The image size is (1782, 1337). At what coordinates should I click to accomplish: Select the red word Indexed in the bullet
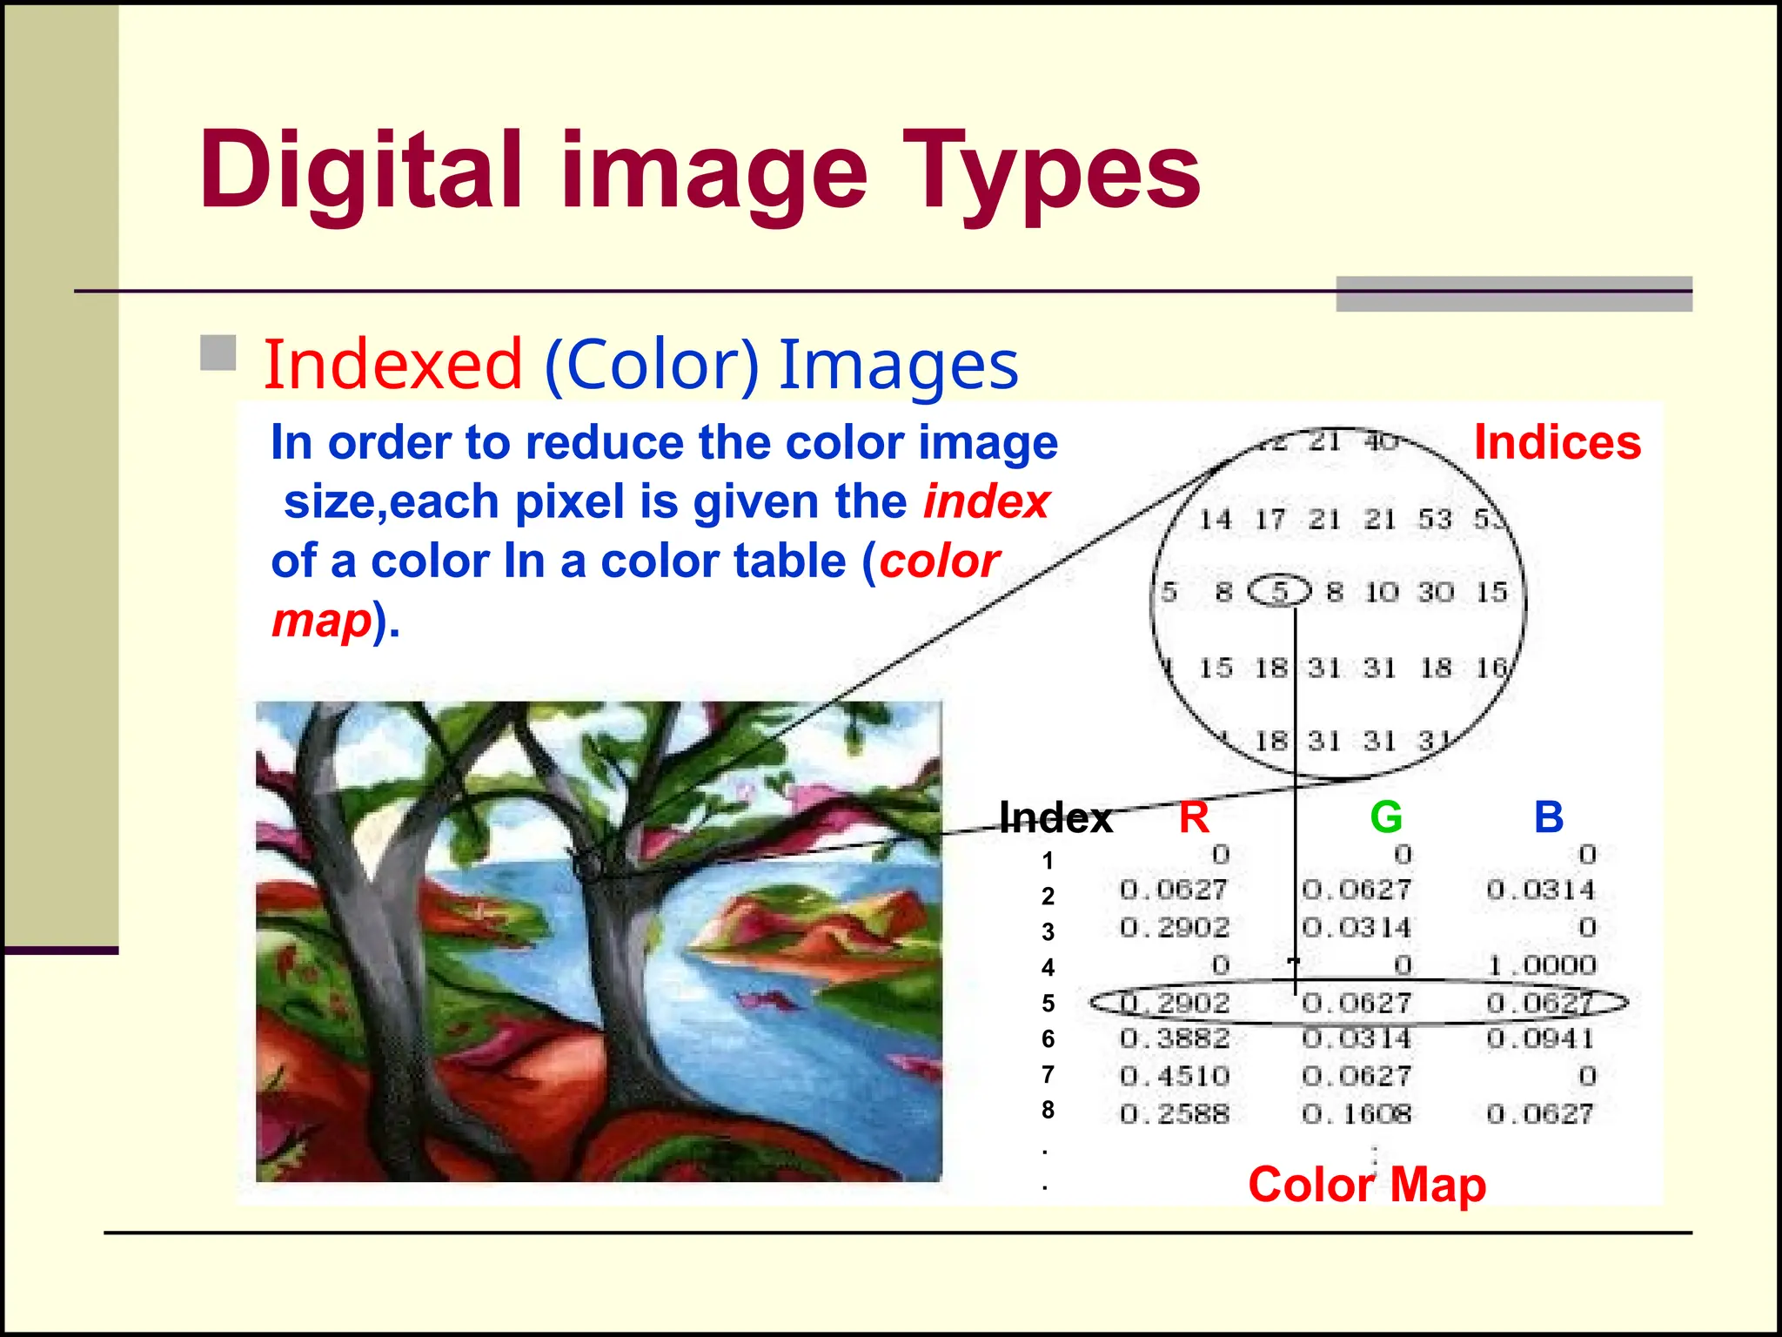[x=393, y=364]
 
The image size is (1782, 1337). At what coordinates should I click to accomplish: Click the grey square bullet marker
[x=218, y=353]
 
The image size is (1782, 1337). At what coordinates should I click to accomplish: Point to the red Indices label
[x=1558, y=442]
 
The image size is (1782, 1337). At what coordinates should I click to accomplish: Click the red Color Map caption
[x=1366, y=1185]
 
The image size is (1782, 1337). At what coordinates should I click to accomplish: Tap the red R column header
[x=1194, y=817]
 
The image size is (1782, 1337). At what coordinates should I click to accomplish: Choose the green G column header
[x=1385, y=817]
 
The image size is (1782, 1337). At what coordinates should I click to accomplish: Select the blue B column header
[x=1549, y=817]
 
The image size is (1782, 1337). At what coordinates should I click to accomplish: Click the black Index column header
[x=1055, y=818]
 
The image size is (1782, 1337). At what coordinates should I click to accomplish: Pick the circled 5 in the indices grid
[x=1279, y=592]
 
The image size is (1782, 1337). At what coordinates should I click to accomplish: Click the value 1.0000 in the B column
[x=1542, y=965]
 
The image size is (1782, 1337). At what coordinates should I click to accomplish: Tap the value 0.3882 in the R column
[x=1175, y=1038]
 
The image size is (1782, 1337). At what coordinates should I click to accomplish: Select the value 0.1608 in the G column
[x=1357, y=1114]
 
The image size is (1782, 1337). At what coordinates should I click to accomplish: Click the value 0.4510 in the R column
[x=1175, y=1077]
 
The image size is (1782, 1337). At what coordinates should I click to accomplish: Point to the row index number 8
[x=1048, y=1110]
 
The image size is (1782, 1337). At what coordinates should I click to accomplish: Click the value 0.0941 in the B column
[x=1540, y=1038]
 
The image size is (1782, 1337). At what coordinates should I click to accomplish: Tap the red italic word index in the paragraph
[x=987, y=502]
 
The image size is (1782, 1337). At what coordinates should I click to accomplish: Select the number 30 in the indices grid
[x=1436, y=593]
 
